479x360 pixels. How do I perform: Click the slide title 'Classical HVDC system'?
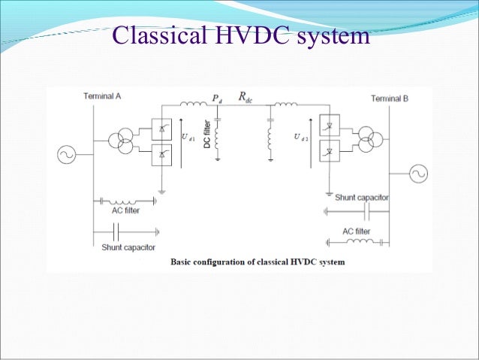point(241,35)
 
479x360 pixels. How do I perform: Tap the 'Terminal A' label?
point(103,97)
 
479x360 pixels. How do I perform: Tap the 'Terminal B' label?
point(390,98)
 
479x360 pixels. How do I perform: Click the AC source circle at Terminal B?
point(417,174)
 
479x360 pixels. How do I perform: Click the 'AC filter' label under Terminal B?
point(357,231)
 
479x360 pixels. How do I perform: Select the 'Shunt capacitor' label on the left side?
point(128,247)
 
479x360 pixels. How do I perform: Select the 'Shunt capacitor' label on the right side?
point(361,197)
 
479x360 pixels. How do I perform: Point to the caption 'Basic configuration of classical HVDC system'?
point(258,262)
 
